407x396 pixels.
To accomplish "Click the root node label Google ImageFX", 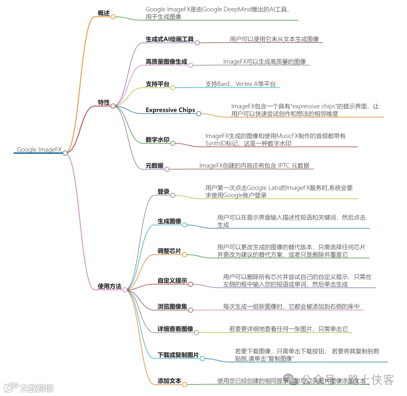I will coord(39,150).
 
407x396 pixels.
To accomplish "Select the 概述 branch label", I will coord(104,13).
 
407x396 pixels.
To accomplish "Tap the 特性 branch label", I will coord(104,103).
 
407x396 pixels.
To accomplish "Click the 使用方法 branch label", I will coord(109,286).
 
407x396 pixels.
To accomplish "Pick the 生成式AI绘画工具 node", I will coord(169,39).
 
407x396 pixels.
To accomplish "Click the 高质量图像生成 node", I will coord(166,62).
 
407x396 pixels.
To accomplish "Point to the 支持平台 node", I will coord(157,84).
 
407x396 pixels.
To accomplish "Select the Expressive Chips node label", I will coord(170,110).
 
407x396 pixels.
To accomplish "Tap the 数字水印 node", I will coord(157,139).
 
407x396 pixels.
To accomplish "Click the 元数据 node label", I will coord(154,166).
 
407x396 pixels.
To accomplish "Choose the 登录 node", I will coord(163,192).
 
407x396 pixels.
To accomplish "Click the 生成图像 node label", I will coord(169,221).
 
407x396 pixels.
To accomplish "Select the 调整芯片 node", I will coord(169,251).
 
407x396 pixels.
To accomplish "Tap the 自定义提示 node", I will coord(172,281).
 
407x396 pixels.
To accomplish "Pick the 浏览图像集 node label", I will coord(172,307).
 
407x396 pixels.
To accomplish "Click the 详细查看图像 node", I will coord(175,329).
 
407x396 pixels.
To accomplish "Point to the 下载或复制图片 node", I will coord(178,355).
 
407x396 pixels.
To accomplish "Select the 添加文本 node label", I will coord(169,381).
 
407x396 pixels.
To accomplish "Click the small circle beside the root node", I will coord(65,152).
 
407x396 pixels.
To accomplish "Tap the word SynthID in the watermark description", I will coord(217,144).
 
